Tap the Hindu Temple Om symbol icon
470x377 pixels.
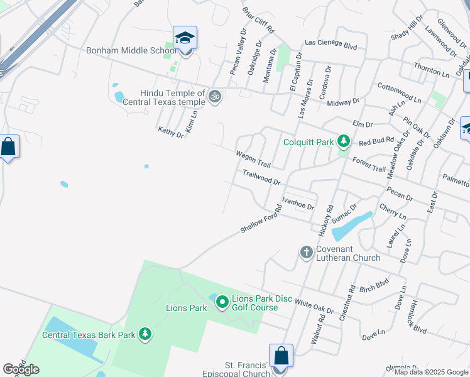pyautogui.click(x=215, y=96)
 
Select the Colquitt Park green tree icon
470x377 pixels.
pyautogui.click(x=343, y=141)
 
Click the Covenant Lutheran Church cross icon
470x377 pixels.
pyautogui.click(x=307, y=253)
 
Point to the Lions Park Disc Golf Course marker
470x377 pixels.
pyautogui.click(x=222, y=303)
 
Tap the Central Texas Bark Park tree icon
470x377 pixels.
pyautogui.click(x=145, y=334)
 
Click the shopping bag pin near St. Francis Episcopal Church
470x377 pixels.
pyautogui.click(x=281, y=356)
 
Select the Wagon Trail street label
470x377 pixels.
pyautogui.click(x=253, y=160)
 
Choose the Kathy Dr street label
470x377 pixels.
pyautogui.click(x=171, y=133)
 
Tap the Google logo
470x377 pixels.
pyautogui.click(x=21, y=369)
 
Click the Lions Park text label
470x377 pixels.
pyautogui.click(x=186, y=308)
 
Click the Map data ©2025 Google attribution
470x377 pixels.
pyautogui.click(x=431, y=372)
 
